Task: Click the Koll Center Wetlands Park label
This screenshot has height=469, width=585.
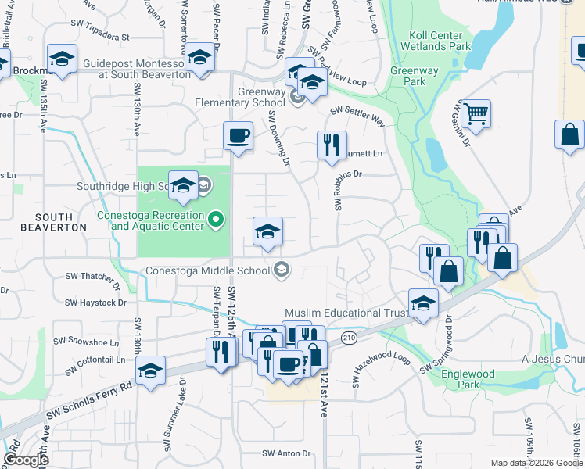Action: pyautogui.click(x=440, y=41)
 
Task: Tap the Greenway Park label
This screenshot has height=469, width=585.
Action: pyautogui.click(x=407, y=76)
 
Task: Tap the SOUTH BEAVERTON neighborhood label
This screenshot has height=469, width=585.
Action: pyautogui.click(x=54, y=222)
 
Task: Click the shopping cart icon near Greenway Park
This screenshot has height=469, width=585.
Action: pyautogui.click(x=475, y=114)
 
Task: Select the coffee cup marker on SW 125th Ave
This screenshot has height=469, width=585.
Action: pyautogui.click(x=238, y=136)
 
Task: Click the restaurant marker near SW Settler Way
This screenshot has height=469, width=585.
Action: pyautogui.click(x=332, y=145)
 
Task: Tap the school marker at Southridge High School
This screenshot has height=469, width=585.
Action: pyautogui.click(x=183, y=185)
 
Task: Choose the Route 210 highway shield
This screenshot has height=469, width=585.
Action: pyautogui.click(x=348, y=337)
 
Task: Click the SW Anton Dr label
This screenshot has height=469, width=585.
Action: pyautogui.click(x=286, y=453)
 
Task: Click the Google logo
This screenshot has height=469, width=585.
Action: pyautogui.click(x=25, y=460)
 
